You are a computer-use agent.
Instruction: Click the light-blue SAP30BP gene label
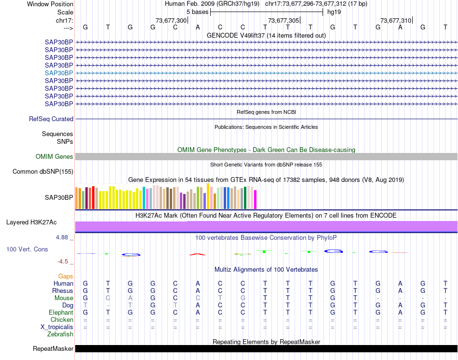pyautogui.click(x=59, y=73)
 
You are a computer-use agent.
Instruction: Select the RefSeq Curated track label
pyautogui.click(x=51, y=119)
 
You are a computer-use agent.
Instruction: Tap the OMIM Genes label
pyautogui.click(x=54, y=156)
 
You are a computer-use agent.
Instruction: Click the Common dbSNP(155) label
pyautogui.click(x=43, y=171)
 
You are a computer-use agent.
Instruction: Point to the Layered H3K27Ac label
pyautogui.click(x=31, y=222)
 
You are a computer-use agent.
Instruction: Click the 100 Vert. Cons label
pyautogui.click(x=27, y=249)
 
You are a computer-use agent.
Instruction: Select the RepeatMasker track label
pyautogui.click(x=53, y=348)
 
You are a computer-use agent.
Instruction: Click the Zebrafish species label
pyautogui.click(x=60, y=334)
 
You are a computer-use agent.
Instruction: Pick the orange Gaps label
pyautogui.click(x=66, y=276)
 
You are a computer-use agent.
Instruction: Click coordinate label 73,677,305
pyautogui.click(x=283, y=21)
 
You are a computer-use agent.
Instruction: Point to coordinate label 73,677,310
pyautogui.click(x=396, y=21)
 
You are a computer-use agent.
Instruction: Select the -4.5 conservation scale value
pyautogui.click(x=63, y=262)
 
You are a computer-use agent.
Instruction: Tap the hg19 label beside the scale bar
pyautogui.click(x=334, y=12)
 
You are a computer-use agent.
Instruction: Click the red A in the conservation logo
pyautogui.click(x=198, y=253)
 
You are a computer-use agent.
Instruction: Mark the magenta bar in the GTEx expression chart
pyautogui.click(x=256, y=199)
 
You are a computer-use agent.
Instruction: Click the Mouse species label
pyautogui.click(x=64, y=298)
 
